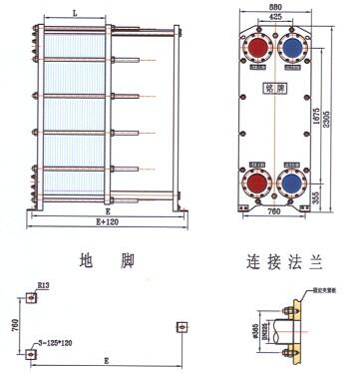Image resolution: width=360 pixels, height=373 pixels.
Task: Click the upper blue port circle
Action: [295, 49]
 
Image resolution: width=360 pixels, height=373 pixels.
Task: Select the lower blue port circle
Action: [295, 182]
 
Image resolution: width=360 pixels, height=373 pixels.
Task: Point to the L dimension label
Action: [76, 11]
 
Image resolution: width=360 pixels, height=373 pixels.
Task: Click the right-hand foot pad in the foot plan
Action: [183, 326]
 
